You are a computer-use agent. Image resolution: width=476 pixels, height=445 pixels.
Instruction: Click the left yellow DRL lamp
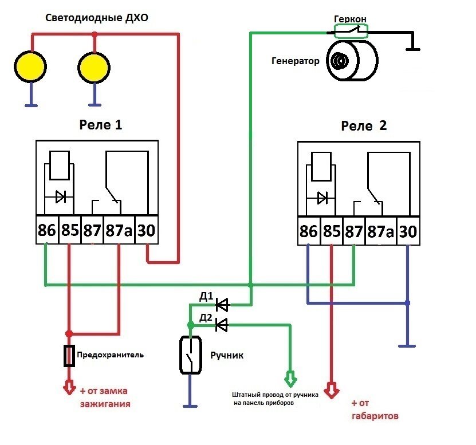pos(29,66)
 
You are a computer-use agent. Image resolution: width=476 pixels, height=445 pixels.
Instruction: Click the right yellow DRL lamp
pos(94,67)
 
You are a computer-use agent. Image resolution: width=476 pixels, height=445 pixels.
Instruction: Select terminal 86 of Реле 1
pos(47,230)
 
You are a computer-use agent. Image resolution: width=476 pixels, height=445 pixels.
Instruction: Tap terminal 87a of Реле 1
pos(119,230)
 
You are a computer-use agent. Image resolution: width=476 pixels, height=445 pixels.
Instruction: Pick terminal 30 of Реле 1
pos(147,230)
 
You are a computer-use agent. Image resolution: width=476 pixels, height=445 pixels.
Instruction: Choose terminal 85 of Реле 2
pos(331,232)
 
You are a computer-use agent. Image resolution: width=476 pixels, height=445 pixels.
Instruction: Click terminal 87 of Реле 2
pos(353,232)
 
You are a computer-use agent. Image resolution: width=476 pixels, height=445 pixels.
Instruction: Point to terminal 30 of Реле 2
pos(407,232)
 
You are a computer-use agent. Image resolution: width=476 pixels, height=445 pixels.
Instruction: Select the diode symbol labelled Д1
pos(222,304)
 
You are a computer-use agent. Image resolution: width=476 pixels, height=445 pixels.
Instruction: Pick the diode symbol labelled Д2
pos(222,325)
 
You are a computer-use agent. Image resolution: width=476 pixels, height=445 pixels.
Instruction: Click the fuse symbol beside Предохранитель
pos(69,356)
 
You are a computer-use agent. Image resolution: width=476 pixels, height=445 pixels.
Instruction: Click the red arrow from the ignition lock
pos(69,387)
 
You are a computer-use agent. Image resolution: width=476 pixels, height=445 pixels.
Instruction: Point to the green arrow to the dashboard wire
pos(290,378)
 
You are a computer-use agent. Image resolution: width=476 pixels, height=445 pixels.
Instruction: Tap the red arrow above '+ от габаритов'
pos(331,391)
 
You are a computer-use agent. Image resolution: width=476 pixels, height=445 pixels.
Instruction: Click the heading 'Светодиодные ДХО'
pos(97,18)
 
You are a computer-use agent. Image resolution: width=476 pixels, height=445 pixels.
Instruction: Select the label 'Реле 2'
pos(364,126)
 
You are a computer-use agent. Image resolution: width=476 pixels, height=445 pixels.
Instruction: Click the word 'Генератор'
pos(296,61)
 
